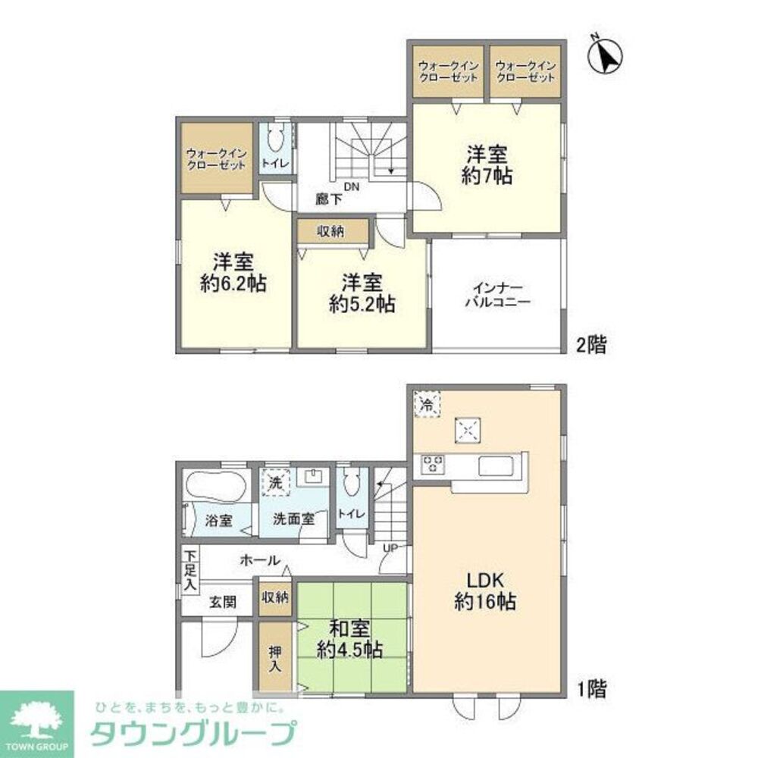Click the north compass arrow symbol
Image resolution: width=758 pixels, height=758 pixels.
point(606,55)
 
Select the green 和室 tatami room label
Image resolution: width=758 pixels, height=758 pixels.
point(349,638)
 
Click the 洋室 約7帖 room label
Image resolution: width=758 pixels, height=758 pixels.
point(488,164)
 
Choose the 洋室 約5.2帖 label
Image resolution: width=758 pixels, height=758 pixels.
point(361,293)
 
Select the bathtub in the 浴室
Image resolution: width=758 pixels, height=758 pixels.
point(214,485)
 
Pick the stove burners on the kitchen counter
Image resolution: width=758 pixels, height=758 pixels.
point(434,463)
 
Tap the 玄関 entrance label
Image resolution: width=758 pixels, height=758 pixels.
point(222,603)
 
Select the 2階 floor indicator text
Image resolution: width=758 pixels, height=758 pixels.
point(590,346)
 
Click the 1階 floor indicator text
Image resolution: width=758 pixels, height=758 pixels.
point(590,690)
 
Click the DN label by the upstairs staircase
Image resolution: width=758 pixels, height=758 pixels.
point(351,186)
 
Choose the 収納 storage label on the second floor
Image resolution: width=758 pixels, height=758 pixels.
point(330,232)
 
